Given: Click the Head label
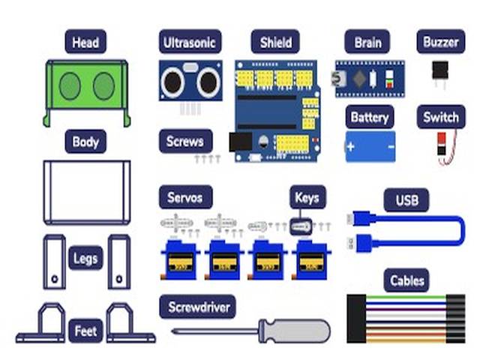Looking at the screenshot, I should coord(85,42).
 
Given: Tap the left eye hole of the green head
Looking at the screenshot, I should coord(70,86).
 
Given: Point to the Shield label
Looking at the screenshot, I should coord(274,42).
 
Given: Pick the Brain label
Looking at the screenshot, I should coord(367,42).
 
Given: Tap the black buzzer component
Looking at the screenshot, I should coord(439,71).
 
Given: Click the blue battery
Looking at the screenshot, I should coord(369,146).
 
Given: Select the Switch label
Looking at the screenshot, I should coord(440,117).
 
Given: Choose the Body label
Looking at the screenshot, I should coord(85,141).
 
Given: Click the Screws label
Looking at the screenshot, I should coord(185,141).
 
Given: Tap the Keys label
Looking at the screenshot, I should coord(307,198).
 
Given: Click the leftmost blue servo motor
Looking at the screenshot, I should coord(180,259).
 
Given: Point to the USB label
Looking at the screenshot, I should coord(406,200).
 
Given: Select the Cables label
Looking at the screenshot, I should coord(407,281).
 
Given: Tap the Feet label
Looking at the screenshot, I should coord(85,330).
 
